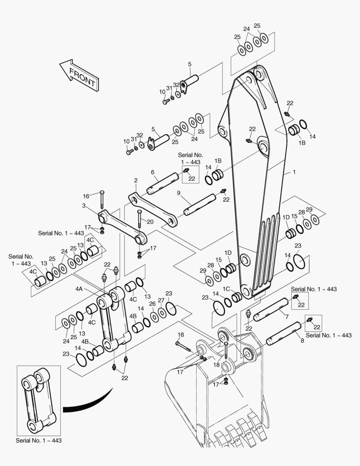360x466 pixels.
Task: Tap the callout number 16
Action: (86, 196)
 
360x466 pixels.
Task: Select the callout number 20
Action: (150, 222)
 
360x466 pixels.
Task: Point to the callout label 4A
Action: (79, 289)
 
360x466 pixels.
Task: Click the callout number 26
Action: (152, 304)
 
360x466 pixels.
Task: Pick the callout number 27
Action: (161, 300)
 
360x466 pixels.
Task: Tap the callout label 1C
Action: (226, 289)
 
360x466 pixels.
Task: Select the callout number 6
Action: (152, 172)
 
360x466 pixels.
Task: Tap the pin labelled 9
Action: (200, 205)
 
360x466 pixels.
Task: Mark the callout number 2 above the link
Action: (136, 180)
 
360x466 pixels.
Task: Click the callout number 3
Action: (84, 206)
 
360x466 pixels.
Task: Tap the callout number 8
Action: (302, 341)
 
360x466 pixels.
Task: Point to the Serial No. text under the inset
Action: (38, 441)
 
